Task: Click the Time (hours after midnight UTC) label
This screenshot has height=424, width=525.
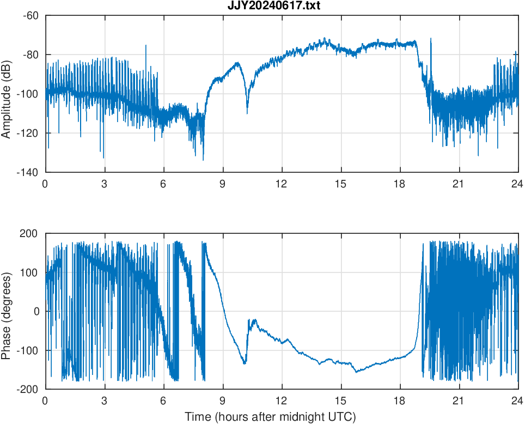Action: coord(270,417)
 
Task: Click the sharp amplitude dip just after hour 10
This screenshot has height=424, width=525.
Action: coord(247,113)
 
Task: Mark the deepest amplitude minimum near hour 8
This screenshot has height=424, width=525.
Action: coord(203,160)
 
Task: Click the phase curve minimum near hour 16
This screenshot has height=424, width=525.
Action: coord(356,372)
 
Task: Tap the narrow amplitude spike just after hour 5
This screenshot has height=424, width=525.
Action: coord(146,46)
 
